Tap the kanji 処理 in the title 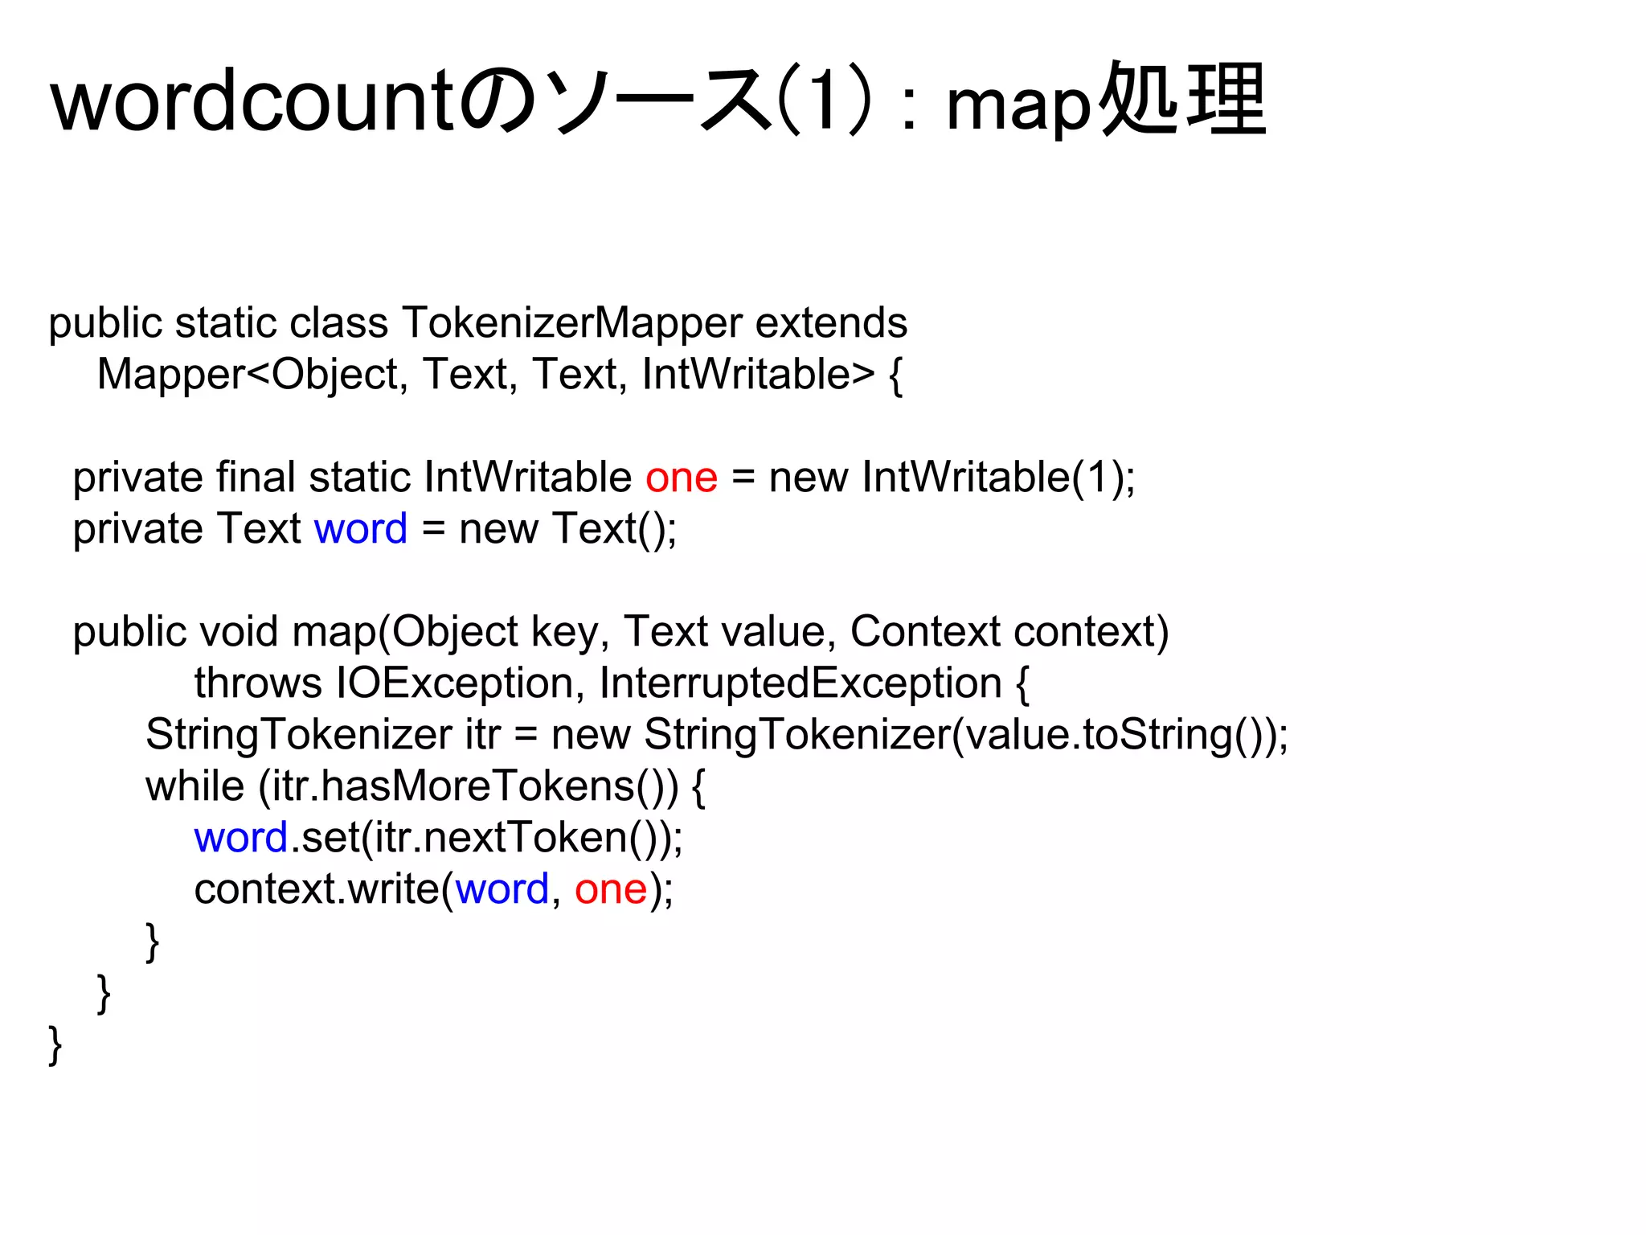click(1182, 101)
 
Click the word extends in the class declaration click(831, 323)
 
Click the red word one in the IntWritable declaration click(681, 478)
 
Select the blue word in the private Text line click(361, 529)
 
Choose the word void click(238, 632)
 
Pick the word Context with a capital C click(925, 632)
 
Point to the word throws click(258, 683)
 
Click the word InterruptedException click(800, 683)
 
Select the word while click(194, 786)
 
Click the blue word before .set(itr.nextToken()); click(241, 838)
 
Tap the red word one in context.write click(611, 889)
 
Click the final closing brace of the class click(55, 1045)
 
